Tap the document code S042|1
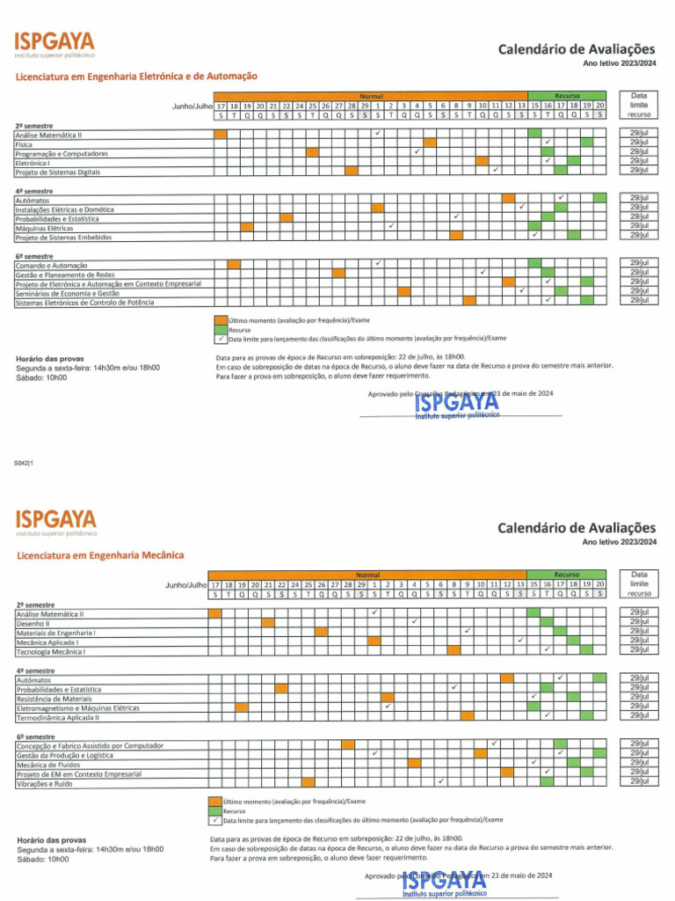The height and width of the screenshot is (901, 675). (x=24, y=463)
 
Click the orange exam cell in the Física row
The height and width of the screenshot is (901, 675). (x=429, y=142)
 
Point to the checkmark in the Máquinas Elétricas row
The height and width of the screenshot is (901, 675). (x=390, y=226)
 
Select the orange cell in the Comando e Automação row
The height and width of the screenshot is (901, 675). (x=234, y=264)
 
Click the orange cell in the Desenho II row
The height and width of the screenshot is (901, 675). (x=267, y=622)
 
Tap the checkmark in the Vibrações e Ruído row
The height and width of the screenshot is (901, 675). (x=440, y=780)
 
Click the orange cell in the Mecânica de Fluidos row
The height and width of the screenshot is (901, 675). (x=507, y=762)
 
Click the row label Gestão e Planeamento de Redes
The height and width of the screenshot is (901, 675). (x=65, y=275)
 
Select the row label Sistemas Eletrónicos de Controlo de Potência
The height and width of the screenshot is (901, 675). (x=84, y=302)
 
